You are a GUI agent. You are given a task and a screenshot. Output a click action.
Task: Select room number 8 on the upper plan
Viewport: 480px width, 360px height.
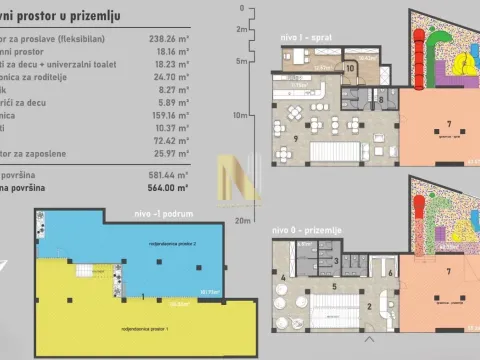pos(381,100)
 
